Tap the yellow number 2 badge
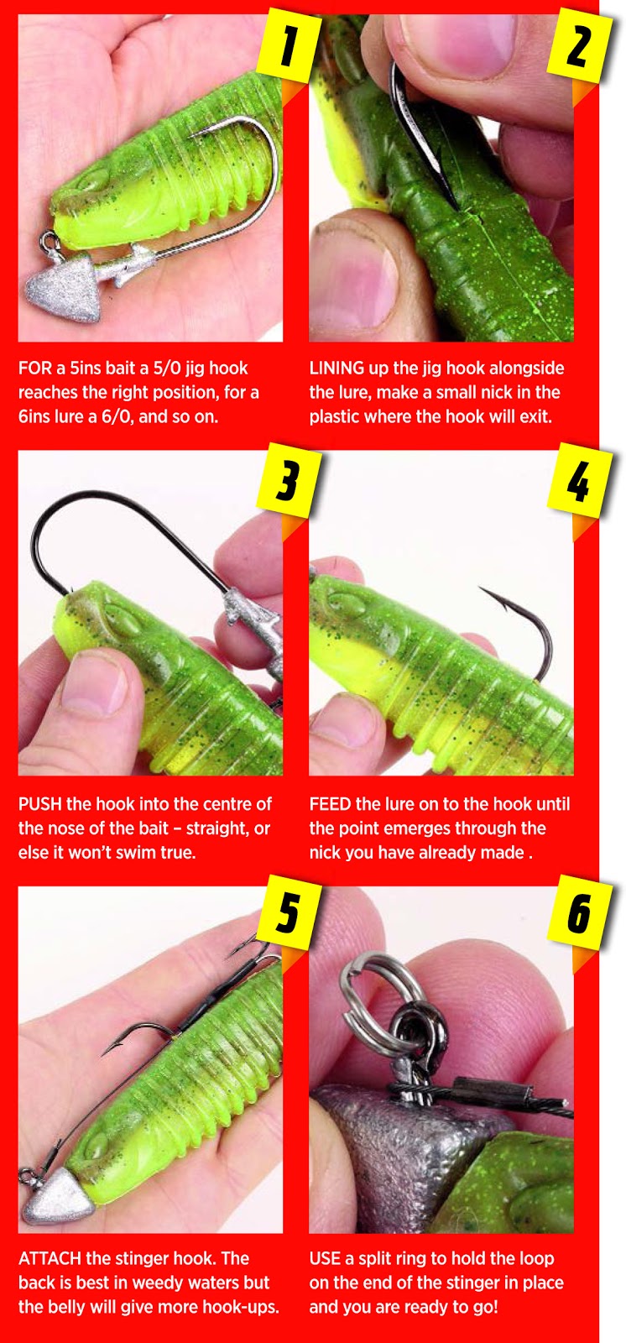580,47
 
